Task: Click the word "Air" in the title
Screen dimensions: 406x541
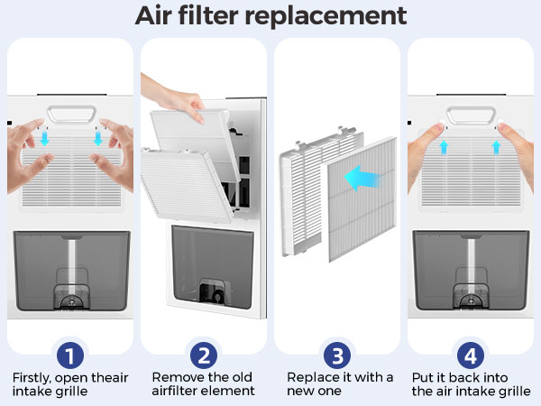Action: click(160, 15)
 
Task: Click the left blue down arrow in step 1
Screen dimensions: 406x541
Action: click(45, 140)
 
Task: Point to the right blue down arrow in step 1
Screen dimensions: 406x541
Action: click(96, 140)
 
